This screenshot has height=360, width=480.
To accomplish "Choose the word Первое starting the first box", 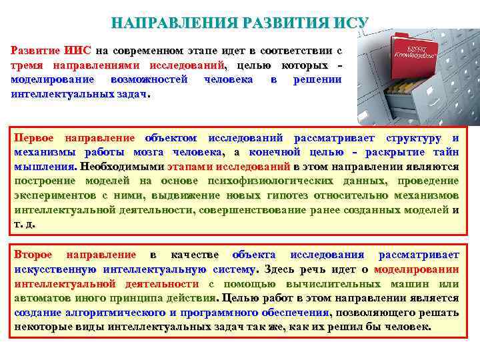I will [35, 138].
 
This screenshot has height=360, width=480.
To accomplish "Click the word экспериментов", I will [56, 195].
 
